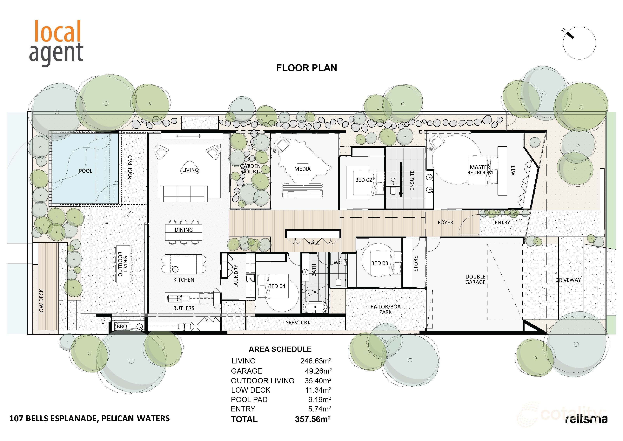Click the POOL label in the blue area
click(85, 171)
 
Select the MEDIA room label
click(302, 169)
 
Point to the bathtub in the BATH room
click(315, 307)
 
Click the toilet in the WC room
click(338, 282)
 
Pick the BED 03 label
click(379, 263)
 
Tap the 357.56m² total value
click(313, 419)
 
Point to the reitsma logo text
click(586, 419)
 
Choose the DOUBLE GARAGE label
click(475, 279)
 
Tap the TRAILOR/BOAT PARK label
click(385, 309)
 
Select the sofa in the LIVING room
click(184, 193)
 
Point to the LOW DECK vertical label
click(41, 302)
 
